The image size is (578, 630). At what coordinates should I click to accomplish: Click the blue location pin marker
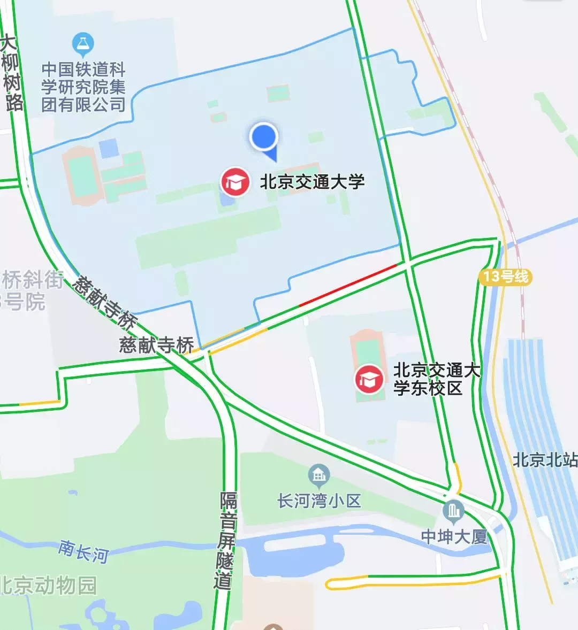(264, 137)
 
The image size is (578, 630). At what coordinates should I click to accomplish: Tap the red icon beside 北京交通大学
(235, 182)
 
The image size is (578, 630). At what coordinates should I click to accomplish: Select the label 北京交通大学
(312, 182)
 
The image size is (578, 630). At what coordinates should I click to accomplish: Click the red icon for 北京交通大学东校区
(369, 379)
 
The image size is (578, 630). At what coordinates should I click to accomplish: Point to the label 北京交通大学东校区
(436, 379)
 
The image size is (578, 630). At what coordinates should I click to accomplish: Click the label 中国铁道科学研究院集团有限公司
(83, 87)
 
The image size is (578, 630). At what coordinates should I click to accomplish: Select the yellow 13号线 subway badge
(506, 276)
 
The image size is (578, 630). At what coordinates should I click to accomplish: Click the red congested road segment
(348, 285)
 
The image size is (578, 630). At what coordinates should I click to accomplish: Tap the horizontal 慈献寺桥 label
(156, 345)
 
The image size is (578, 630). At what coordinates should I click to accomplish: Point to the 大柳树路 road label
(12, 74)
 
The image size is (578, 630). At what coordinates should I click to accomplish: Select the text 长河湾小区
(319, 501)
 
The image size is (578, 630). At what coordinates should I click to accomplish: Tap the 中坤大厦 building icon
(454, 512)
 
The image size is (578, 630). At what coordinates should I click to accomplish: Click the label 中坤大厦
(454, 536)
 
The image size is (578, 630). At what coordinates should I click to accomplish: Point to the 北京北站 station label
(545, 460)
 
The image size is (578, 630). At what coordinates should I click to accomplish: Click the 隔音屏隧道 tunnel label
(227, 540)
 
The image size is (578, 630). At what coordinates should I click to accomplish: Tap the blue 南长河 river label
(83, 551)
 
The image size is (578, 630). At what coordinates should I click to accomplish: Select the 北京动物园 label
(48, 585)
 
